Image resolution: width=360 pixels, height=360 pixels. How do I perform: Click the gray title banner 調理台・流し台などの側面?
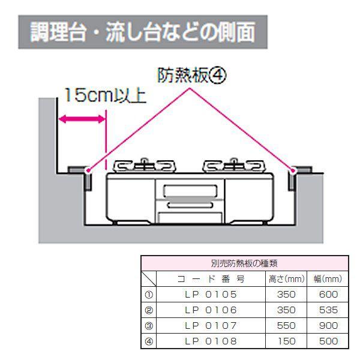coord(143,32)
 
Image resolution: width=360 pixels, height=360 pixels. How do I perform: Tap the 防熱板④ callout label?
coord(192,76)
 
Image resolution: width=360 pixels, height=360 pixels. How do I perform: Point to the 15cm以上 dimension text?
coord(106,95)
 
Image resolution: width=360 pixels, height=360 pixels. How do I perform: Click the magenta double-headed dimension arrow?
coord(82,119)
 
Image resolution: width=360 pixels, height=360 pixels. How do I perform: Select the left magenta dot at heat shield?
coord(88,170)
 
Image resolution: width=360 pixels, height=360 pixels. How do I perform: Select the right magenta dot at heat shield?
coord(293,170)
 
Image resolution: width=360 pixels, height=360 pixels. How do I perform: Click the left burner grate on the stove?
coord(144,166)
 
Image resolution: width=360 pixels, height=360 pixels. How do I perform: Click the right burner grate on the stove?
coord(234,166)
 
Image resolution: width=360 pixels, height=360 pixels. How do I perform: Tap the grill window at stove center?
coord(190,191)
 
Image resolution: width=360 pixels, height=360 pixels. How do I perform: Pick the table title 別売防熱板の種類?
coord(244,263)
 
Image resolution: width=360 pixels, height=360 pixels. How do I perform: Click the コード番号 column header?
coord(211,279)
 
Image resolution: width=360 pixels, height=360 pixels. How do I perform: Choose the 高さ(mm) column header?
coord(287,279)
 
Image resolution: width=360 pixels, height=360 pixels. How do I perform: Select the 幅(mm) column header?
coord(328,279)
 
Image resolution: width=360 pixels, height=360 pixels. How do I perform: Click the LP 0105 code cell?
coord(211,295)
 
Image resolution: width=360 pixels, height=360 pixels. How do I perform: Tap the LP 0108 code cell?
coord(211,341)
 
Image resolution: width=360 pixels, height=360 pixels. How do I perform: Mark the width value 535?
coord(329,310)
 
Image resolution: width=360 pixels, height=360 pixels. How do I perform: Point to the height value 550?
coord(286,326)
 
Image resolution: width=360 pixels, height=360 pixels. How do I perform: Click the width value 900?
coord(329,326)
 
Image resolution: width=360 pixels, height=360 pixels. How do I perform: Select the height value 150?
coord(287,341)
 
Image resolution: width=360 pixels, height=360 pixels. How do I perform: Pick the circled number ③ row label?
coord(149,326)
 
